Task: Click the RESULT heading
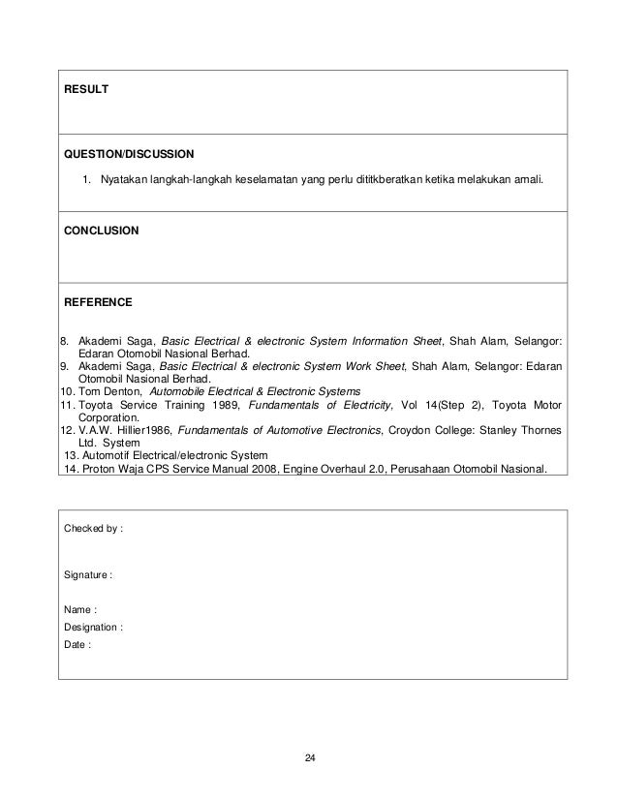pos(86,90)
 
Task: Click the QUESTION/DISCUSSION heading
pos(129,154)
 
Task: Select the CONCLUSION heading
pos(102,231)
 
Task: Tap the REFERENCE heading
pos(98,303)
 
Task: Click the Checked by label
pos(93,529)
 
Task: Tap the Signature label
pos(88,575)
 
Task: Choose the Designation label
pos(93,627)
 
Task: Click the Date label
pos(77,644)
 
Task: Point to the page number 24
pos(309,755)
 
